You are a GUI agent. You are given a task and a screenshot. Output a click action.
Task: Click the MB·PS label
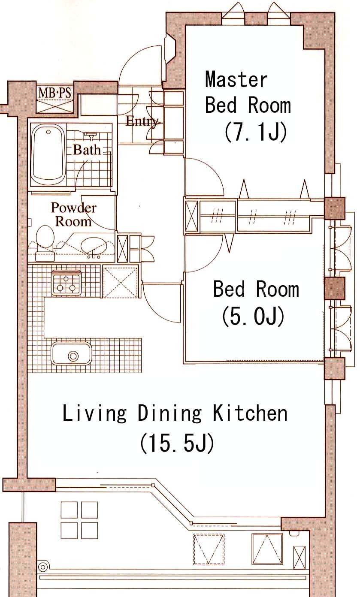tap(55, 93)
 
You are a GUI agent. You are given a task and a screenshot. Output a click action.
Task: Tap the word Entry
tap(142, 121)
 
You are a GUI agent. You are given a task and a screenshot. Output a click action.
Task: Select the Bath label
tap(87, 150)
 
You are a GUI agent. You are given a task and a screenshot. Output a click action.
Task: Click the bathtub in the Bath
tap(48, 155)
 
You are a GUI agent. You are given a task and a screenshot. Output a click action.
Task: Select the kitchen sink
tap(72, 354)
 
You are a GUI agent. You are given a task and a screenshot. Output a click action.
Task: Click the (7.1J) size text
tap(255, 132)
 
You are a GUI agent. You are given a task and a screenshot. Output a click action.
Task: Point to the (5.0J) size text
tap(253, 317)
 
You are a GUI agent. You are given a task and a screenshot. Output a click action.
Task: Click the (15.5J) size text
tap(177, 443)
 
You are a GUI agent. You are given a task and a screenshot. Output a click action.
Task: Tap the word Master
tap(236, 79)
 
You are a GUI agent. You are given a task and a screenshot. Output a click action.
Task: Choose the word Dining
tap(169, 413)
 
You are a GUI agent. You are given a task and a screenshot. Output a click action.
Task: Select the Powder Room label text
tap(73, 214)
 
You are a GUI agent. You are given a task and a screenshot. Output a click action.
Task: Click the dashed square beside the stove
tap(121, 282)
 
